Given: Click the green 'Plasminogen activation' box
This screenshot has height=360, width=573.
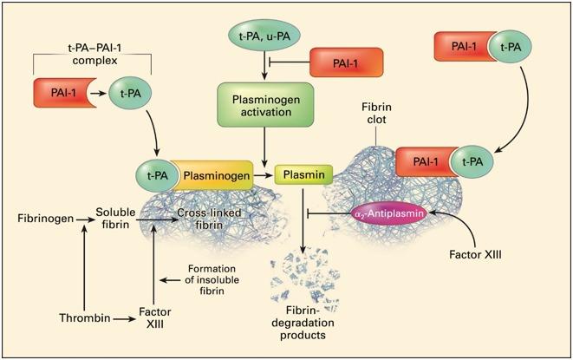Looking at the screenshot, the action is (x=265, y=105).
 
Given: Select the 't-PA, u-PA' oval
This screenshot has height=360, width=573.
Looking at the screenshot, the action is (x=264, y=36).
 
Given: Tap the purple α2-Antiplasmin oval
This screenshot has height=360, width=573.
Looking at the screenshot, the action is (x=388, y=213).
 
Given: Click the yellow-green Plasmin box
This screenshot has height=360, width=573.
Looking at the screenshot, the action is (x=303, y=174).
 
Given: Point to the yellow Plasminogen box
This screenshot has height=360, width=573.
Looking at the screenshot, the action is (x=213, y=175).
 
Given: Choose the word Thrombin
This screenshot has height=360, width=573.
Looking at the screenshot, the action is (x=85, y=317).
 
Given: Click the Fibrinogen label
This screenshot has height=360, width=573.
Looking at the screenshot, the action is (x=46, y=219).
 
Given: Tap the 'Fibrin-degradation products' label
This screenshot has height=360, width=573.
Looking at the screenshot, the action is (x=303, y=323).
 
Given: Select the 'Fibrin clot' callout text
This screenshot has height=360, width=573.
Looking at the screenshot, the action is (x=376, y=114).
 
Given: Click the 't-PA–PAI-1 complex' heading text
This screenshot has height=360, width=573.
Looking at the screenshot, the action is (x=94, y=54).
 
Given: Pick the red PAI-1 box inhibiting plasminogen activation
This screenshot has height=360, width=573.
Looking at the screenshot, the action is (x=346, y=62).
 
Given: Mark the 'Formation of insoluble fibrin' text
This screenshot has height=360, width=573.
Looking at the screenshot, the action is (x=212, y=280).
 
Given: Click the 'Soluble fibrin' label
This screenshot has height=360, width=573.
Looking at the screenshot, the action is (x=115, y=219).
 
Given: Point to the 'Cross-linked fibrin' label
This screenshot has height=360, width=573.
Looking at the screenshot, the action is (x=210, y=219).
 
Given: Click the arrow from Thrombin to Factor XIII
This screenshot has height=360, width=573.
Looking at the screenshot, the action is (x=124, y=319).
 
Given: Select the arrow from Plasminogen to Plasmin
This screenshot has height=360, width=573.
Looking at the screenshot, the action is (x=264, y=175).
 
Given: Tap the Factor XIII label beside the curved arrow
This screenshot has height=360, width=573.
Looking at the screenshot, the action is (x=475, y=254).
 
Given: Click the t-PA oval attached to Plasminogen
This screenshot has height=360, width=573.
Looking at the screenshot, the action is (x=158, y=176).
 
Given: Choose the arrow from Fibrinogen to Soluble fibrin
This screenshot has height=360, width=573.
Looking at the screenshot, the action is (x=85, y=219).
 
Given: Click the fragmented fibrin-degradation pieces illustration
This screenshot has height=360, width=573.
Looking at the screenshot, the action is (x=305, y=279).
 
